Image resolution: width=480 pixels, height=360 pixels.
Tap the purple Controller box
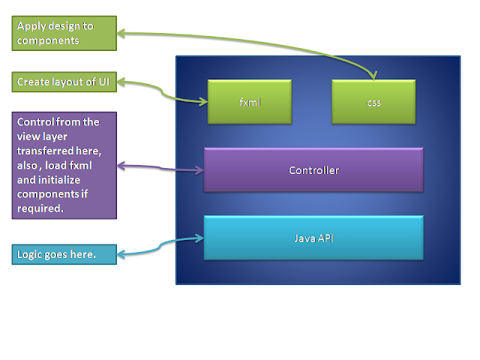tap(313, 170)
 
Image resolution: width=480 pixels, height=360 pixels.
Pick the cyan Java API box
tap(313, 238)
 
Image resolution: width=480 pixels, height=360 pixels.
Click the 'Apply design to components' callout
tap(65, 34)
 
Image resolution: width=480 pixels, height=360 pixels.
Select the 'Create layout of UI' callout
tap(65, 82)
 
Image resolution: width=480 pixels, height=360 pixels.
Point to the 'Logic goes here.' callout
tap(65, 254)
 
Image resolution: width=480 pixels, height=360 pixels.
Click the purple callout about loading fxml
tap(65, 166)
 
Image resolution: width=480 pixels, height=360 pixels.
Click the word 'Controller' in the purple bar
tap(313, 170)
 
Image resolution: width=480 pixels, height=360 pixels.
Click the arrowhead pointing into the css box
tap(373, 75)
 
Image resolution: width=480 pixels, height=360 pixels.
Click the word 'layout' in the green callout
tap(64, 82)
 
